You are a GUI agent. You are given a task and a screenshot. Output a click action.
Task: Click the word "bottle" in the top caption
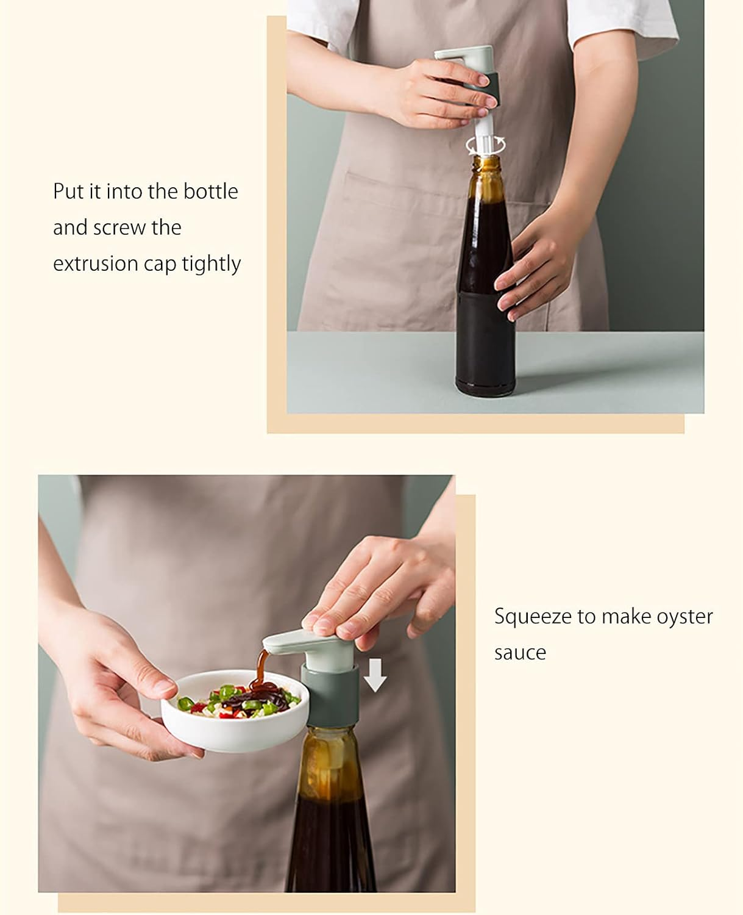tap(211, 191)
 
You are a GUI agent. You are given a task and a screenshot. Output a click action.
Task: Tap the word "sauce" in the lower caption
tap(521, 653)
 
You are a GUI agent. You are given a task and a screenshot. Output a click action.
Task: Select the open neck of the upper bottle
tap(486, 162)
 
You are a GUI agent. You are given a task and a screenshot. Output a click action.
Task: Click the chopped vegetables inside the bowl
tap(238, 702)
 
